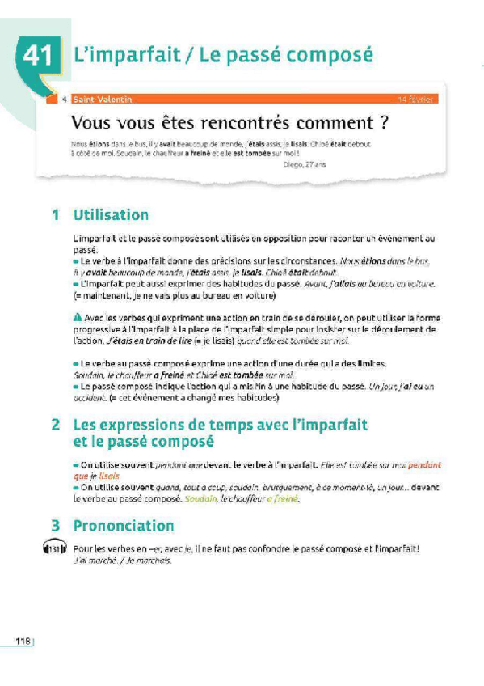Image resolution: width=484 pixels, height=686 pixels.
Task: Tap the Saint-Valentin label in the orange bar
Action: tap(101, 100)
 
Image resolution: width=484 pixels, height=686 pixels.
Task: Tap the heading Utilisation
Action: tap(111, 215)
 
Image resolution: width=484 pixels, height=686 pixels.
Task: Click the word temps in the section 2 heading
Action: tap(232, 423)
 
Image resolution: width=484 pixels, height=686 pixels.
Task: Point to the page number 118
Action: tap(23, 641)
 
